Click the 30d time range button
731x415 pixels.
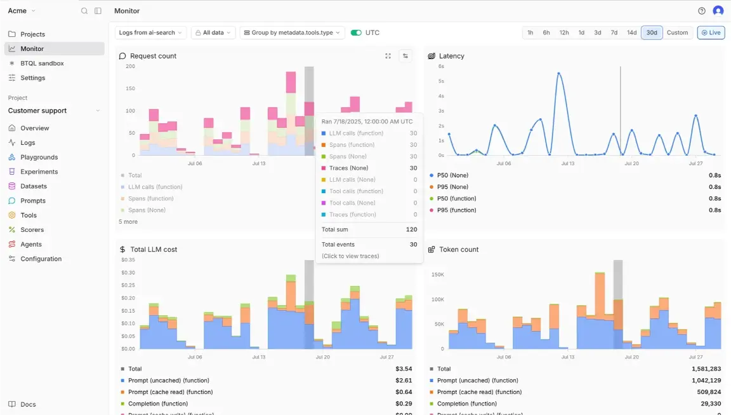click(x=652, y=32)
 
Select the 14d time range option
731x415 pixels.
click(x=631, y=32)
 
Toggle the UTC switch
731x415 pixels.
click(x=356, y=32)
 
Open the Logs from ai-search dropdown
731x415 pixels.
click(x=151, y=32)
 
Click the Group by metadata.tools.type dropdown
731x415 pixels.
click(x=292, y=32)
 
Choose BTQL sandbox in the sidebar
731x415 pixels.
click(x=42, y=64)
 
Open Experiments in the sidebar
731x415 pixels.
click(x=39, y=172)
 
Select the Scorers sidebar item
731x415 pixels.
click(x=32, y=229)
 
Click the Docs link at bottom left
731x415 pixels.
click(x=28, y=404)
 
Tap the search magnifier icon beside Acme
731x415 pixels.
click(x=84, y=11)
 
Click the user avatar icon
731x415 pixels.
click(x=718, y=11)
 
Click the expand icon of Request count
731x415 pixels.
click(x=388, y=56)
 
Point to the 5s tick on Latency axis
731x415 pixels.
click(x=441, y=81)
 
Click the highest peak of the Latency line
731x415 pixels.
click(x=558, y=74)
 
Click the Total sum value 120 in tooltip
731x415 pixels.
click(x=411, y=229)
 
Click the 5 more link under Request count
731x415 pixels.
click(x=128, y=222)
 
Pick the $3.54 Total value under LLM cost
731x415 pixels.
click(x=404, y=369)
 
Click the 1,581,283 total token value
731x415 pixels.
click(x=706, y=369)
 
